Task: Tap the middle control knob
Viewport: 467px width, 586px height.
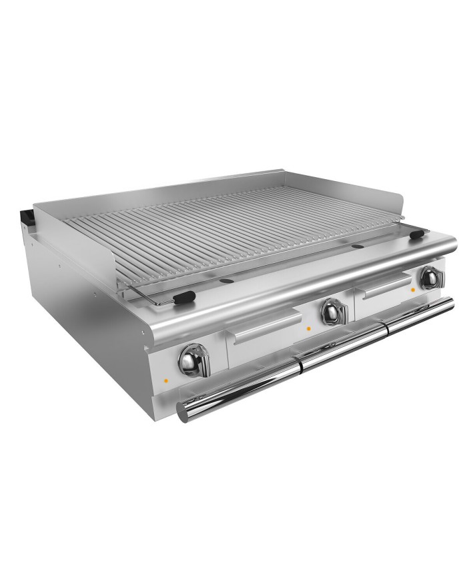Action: tap(330, 311)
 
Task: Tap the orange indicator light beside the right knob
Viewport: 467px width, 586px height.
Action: tap(414, 290)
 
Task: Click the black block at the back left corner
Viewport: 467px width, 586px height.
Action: tap(27, 217)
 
